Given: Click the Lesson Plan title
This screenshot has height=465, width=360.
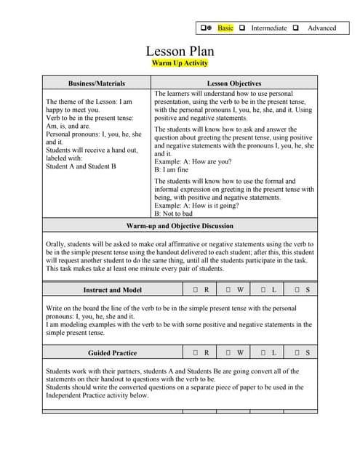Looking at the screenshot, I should [x=180, y=51].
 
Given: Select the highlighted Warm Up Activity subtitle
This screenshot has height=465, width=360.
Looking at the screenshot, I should [x=180, y=63].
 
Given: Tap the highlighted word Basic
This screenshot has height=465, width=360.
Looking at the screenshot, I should [x=225, y=28].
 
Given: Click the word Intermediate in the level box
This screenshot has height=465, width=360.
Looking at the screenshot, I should [x=268, y=28].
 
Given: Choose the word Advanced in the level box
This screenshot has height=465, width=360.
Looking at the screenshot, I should [x=321, y=28].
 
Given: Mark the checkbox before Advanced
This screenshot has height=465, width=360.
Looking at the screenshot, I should [x=296, y=28].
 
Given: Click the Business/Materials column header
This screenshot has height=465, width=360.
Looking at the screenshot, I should [x=97, y=84].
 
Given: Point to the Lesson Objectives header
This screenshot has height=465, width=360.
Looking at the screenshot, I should [x=234, y=84].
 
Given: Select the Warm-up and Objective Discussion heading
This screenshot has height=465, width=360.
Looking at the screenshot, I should [x=180, y=226].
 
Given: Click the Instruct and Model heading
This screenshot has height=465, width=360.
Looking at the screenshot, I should [x=112, y=290].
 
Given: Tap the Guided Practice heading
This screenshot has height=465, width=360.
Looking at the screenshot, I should [x=112, y=353].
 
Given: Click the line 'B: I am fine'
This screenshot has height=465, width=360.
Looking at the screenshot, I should [x=172, y=170].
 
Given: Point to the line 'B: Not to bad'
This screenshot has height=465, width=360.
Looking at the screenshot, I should [x=173, y=214].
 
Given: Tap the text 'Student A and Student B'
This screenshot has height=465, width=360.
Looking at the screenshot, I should [x=81, y=166].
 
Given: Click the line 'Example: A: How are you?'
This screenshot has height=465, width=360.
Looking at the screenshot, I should [x=193, y=161].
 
